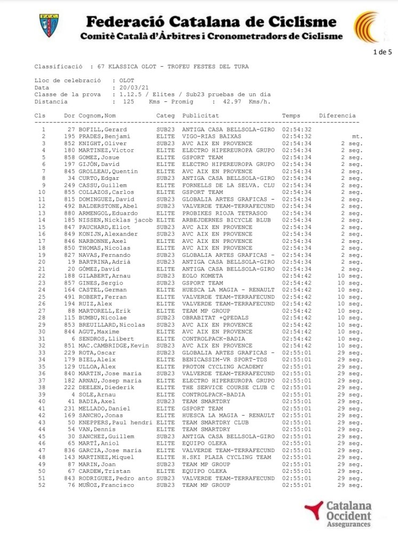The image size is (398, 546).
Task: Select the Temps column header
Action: click(x=291, y=116)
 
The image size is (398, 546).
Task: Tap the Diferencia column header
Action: click(x=337, y=116)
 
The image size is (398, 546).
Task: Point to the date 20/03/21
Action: click(x=132, y=87)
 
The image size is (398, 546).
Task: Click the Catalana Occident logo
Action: click(x=337, y=514)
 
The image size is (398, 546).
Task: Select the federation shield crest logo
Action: click(x=49, y=26)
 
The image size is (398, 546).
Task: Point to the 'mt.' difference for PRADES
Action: click(x=357, y=137)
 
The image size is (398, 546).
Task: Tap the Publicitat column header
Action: click(x=201, y=116)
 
